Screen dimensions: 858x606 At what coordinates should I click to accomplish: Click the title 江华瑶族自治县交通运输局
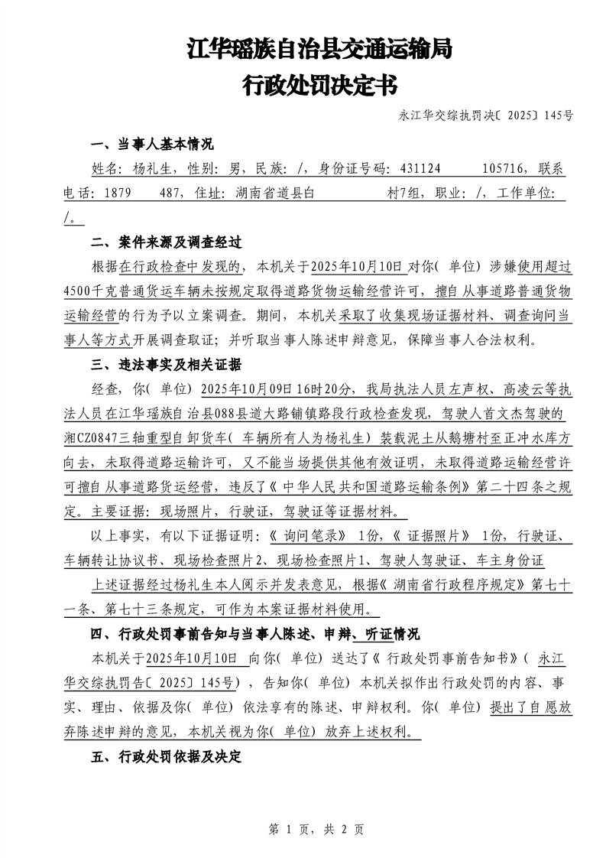(x=319, y=50)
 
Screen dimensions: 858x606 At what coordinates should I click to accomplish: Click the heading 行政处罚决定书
(x=319, y=84)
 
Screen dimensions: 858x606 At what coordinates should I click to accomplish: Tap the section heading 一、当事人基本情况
(x=152, y=145)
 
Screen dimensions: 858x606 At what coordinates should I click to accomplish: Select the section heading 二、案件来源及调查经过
(x=167, y=242)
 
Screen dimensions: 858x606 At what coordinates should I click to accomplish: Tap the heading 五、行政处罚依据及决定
(x=167, y=756)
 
